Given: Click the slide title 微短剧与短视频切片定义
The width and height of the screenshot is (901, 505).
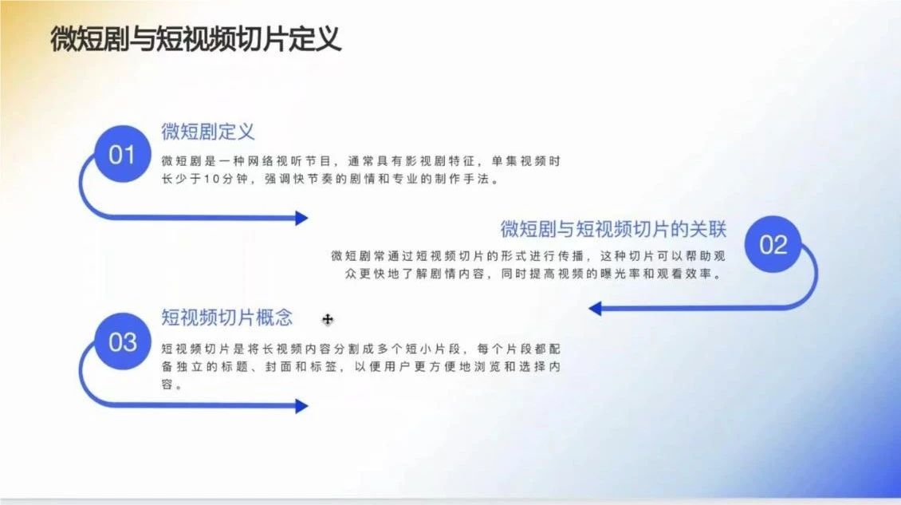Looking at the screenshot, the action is tap(195, 39).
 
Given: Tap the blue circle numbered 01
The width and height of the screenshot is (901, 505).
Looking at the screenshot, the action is tap(122, 154).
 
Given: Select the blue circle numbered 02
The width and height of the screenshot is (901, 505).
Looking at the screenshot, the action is tap(773, 244).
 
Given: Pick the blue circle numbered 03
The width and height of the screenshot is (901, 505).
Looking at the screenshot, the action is tap(123, 341).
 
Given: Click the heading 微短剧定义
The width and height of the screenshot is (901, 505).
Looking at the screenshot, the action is tap(207, 132).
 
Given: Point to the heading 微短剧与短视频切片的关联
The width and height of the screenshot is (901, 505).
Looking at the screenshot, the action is tap(613, 229).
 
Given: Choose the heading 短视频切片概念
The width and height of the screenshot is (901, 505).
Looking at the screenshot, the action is tap(226, 318).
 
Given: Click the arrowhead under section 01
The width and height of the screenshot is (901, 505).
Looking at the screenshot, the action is tap(301, 218).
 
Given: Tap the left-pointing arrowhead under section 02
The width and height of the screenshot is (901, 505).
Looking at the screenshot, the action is tap(596, 308).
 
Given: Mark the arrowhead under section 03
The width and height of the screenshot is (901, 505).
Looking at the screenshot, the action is tap(301, 406).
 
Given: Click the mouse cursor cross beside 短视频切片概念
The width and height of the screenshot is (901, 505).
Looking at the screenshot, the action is tap(328, 319).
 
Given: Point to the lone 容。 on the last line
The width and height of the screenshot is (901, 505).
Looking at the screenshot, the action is tap(171, 385).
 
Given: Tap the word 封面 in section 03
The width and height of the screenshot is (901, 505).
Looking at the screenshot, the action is tap(278, 366).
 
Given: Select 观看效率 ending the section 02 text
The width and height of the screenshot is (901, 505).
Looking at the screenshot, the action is tap(683, 274).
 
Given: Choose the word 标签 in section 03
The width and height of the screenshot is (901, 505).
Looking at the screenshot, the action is tap(324, 366).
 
